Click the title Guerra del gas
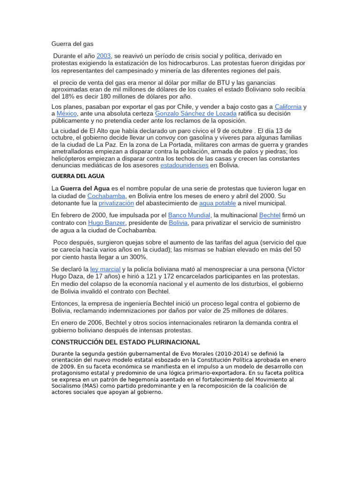pos(72,44)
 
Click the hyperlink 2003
pos(104,56)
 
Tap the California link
pos(288,107)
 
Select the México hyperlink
pos(66,114)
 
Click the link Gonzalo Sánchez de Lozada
pos(195,114)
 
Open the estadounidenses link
pos(184,165)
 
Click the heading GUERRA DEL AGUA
pos(78,176)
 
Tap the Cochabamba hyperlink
pos(106,196)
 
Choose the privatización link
pos(116,203)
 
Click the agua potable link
pos(217,203)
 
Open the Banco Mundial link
pos(189,215)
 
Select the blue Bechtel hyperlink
pos(270,215)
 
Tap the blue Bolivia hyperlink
pos(178,223)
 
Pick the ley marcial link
pos(105,269)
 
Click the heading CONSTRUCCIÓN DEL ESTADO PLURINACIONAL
pos(126,342)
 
